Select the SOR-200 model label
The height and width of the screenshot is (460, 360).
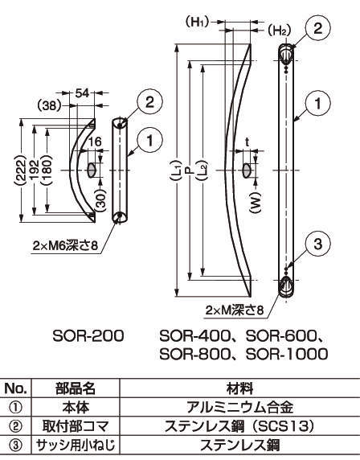(88, 334)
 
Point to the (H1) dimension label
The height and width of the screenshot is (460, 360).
(197, 23)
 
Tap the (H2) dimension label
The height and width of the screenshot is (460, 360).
(278, 31)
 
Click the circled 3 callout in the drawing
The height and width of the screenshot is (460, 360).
(318, 244)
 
